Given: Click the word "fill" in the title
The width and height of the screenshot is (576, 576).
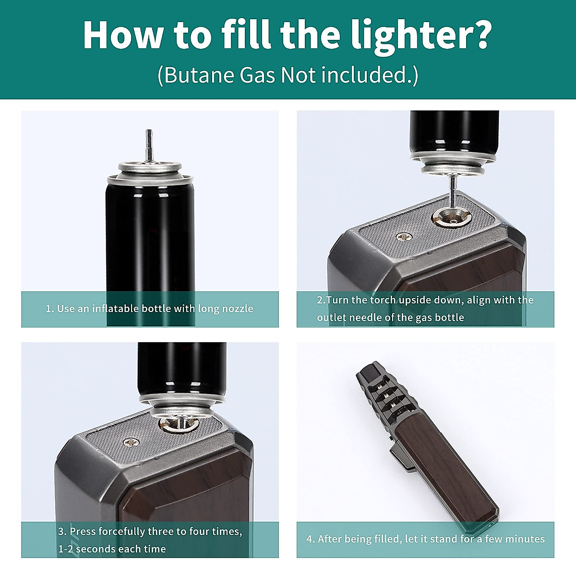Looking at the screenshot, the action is pyautogui.click(x=246, y=35).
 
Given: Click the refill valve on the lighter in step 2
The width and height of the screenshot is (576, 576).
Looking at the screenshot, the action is pyautogui.click(x=453, y=219).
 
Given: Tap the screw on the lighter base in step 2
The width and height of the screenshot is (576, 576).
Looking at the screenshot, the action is pyautogui.click(x=404, y=237).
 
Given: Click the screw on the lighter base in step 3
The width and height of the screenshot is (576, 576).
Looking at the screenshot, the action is pyautogui.click(x=131, y=443).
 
